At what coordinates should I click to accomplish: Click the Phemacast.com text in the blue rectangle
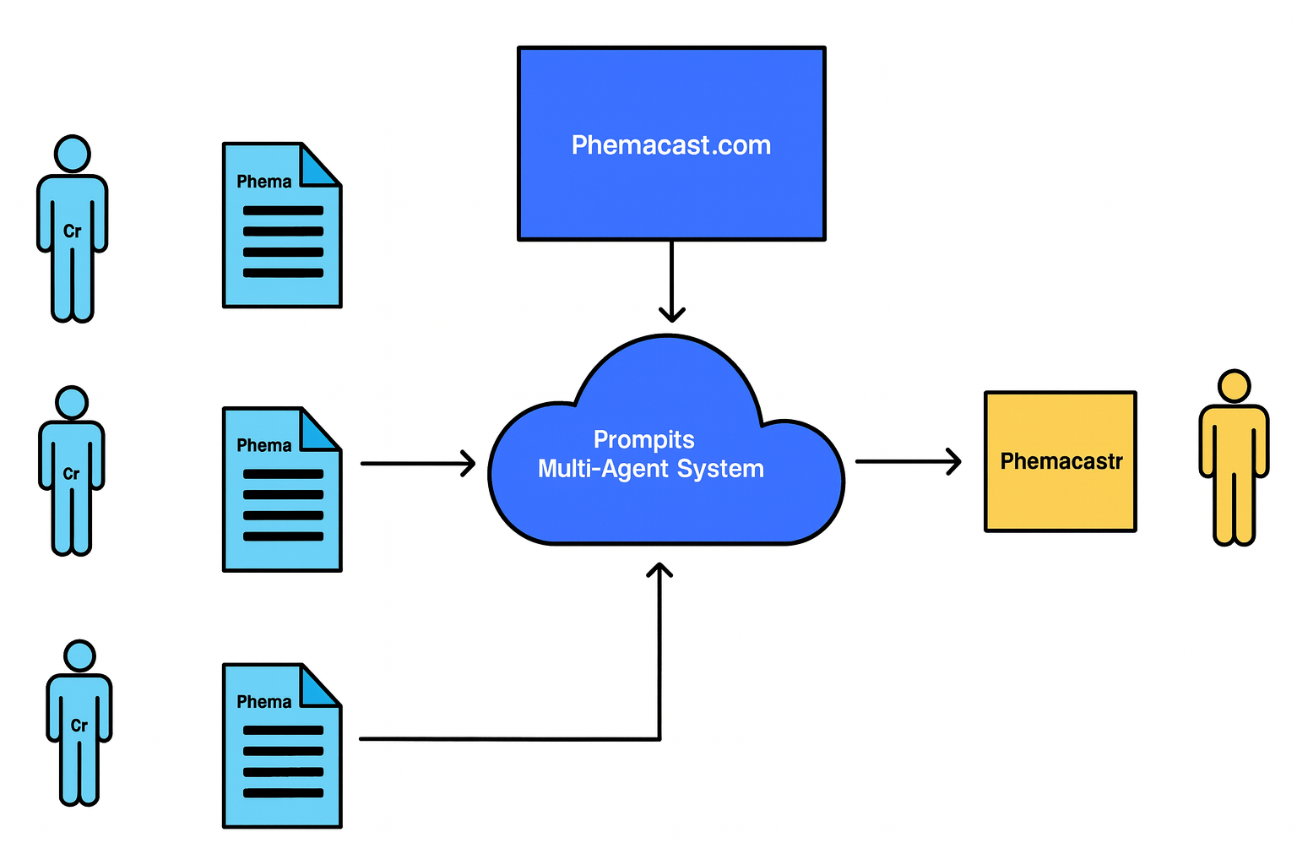[x=671, y=145]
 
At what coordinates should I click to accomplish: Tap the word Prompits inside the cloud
[x=643, y=439]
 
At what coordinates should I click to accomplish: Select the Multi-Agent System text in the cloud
[x=650, y=469]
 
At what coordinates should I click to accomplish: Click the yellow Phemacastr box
[x=1061, y=461]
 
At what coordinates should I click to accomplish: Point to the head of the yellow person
[x=1234, y=386]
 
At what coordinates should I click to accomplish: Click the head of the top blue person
[x=73, y=154]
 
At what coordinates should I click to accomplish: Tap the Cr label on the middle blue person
[x=72, y=474]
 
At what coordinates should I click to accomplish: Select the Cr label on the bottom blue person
[x=79, y=726]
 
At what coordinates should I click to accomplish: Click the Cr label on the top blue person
[x=73, y=231]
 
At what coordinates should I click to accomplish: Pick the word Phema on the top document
[x=263, y=182]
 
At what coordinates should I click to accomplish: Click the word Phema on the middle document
[x=263, y=445]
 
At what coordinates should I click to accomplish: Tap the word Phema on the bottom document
[x=263, y=702]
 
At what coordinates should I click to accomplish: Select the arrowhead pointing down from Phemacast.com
[x=671, y=315]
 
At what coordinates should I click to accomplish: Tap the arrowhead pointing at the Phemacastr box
[x=954, y=461]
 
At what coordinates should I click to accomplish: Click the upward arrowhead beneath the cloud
[x=659, y=570]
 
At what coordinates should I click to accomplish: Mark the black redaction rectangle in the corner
[x=220, y=45]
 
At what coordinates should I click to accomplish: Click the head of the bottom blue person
[x=80, y=656]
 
